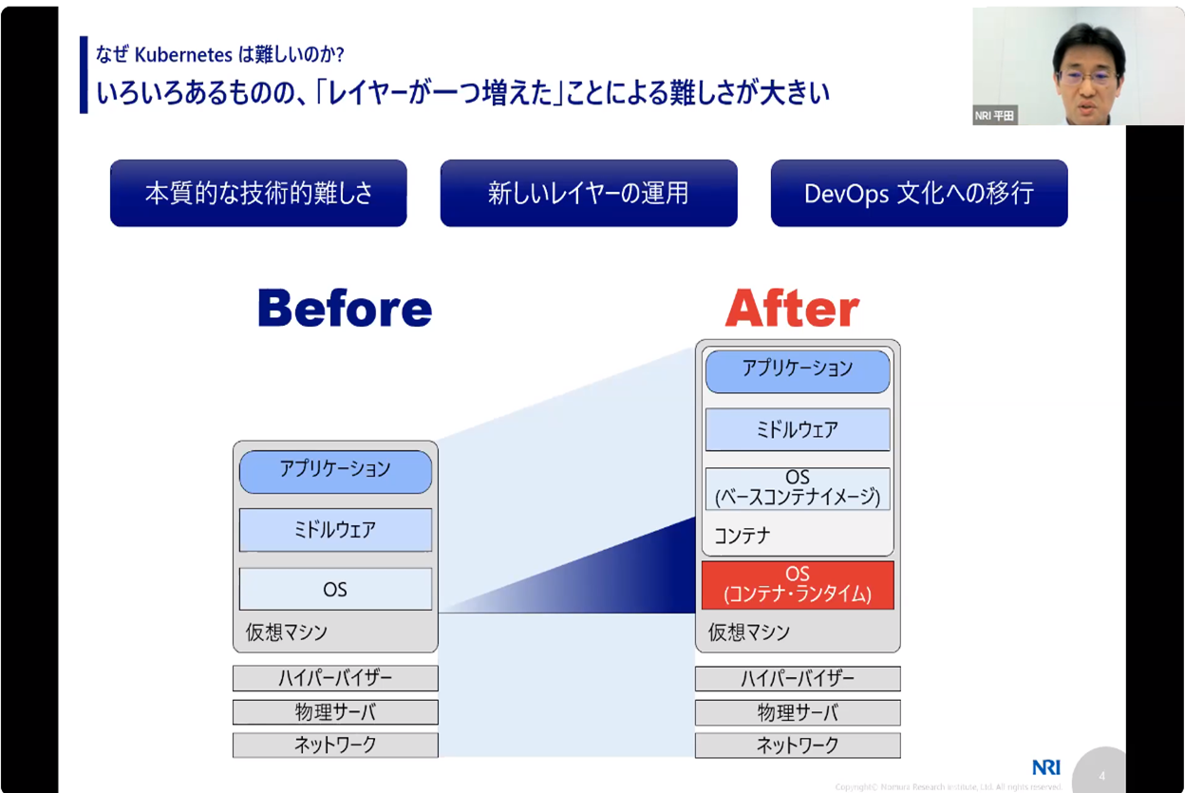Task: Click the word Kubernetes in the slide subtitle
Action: coord(177,54)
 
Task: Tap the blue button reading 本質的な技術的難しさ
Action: coord(258,194)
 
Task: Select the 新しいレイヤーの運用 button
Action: coord(589,194)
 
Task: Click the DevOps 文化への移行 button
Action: coord(918,194)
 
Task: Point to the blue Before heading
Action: coord(345,309)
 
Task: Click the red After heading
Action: coord(792,309)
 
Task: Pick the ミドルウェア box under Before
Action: coord(335,530)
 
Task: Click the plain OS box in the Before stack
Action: coord(335,589)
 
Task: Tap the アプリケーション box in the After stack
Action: coord(798,370)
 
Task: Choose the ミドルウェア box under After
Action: coord(798,429)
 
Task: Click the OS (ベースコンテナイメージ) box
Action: coord(798,488)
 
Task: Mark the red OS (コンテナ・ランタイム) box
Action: coord(798,585)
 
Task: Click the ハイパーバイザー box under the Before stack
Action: coord(335,678)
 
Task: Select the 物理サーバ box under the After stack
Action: coord(798,712)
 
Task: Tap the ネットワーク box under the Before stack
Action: coord(335,745)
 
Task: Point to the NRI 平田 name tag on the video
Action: coord(995,116)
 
